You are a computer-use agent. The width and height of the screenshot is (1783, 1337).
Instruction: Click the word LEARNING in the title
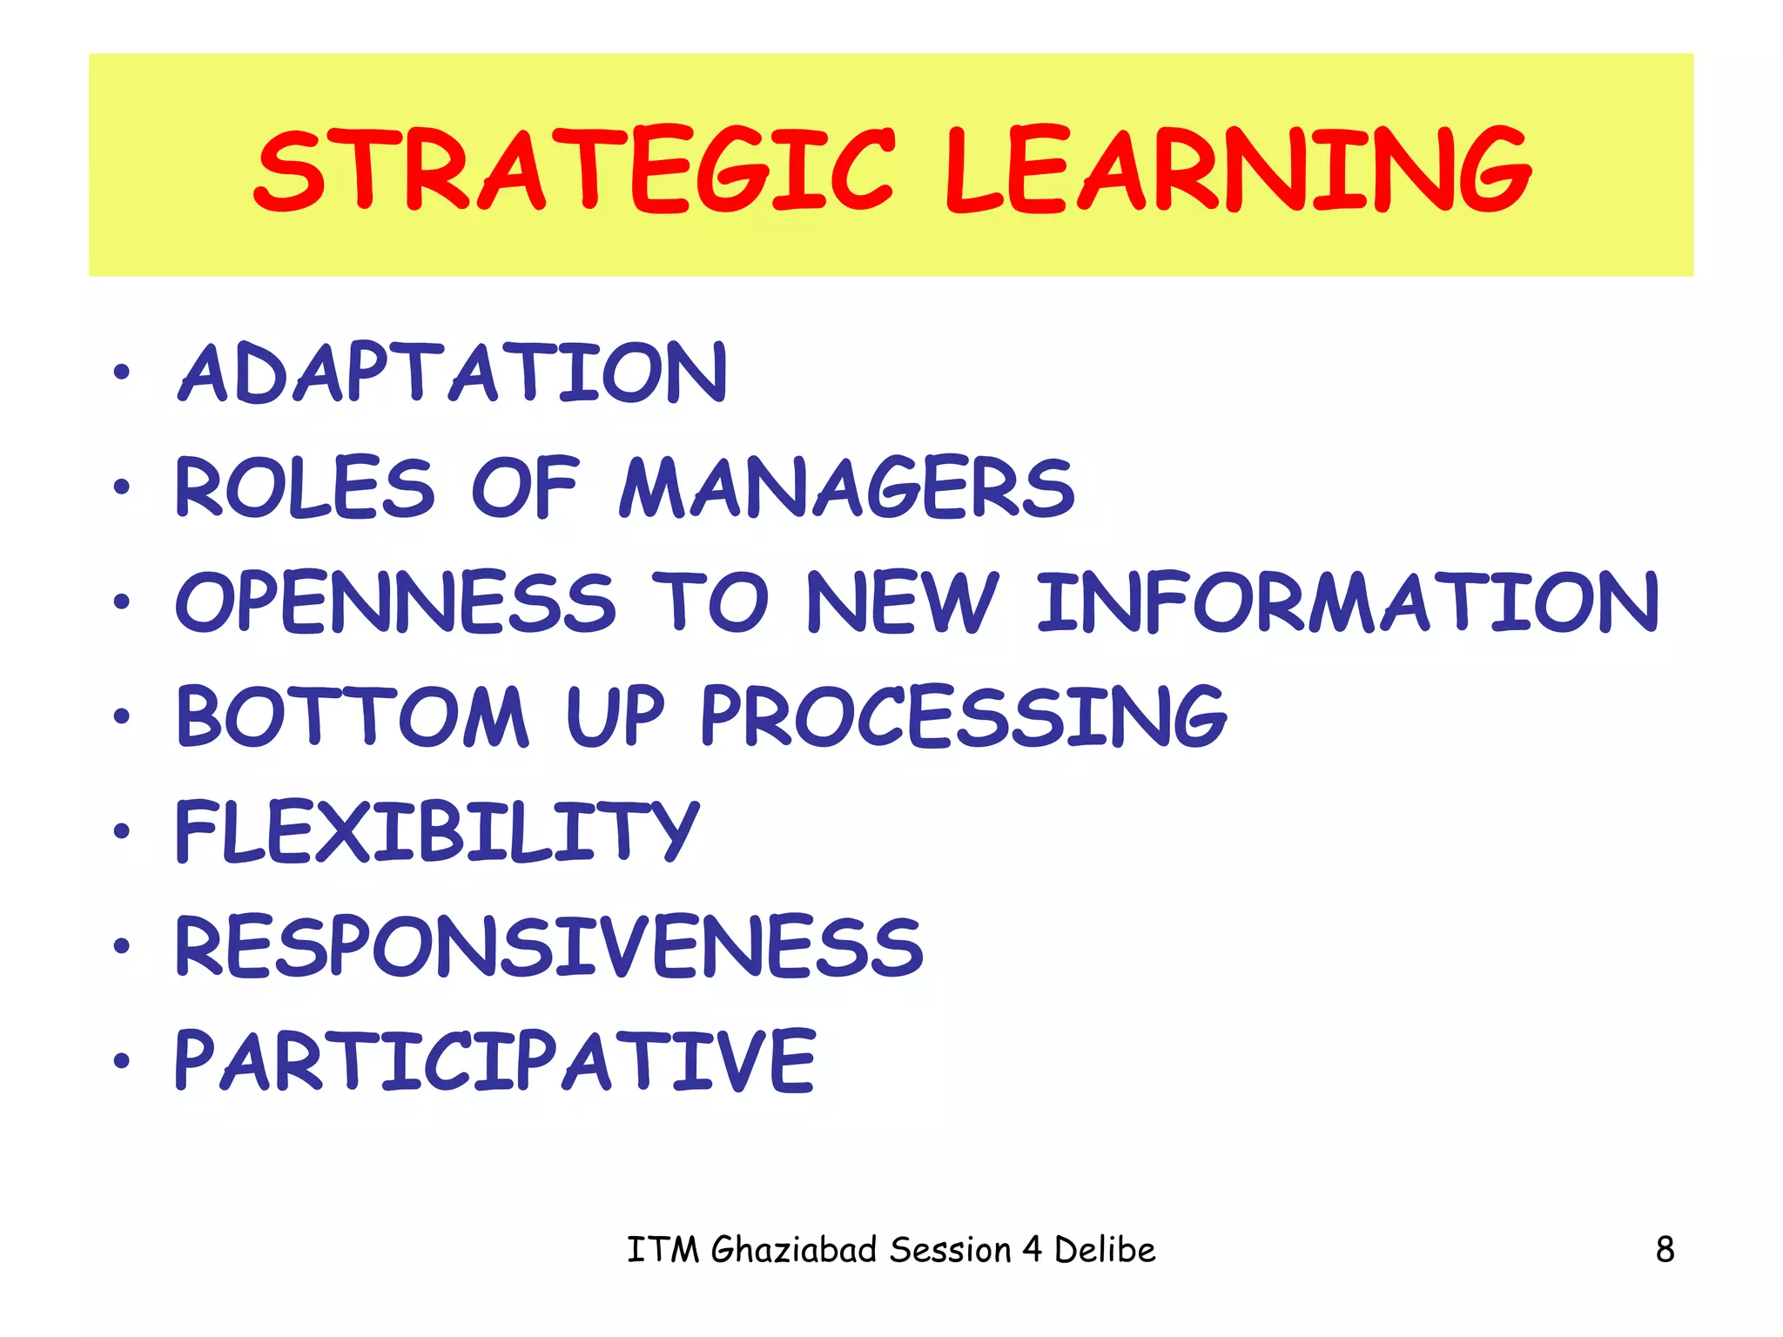(1238, 170)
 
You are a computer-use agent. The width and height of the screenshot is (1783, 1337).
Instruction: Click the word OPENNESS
(396, 602)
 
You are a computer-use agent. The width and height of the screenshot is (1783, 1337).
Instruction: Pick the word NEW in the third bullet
(902, 602)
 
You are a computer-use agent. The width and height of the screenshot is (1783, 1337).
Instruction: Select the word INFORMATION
(1348, 602)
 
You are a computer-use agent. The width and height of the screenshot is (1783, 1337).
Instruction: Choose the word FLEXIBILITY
(437, 831)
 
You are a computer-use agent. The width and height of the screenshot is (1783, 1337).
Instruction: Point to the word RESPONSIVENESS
(549, 946)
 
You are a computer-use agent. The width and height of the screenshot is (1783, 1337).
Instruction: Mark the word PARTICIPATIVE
(495, 1060)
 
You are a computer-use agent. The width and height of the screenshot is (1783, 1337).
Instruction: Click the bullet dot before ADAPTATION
(121, 373)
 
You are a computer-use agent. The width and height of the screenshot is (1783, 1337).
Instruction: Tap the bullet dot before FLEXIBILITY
(121, 831)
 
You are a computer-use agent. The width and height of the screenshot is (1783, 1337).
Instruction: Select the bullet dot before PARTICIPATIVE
(121, 1061)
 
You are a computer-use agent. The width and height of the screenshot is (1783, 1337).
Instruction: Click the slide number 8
(1665, 1250)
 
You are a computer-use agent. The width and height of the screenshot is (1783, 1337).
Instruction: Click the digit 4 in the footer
(1032, 1250)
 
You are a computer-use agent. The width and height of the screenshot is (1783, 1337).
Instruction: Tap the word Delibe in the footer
(1105, 1250)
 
